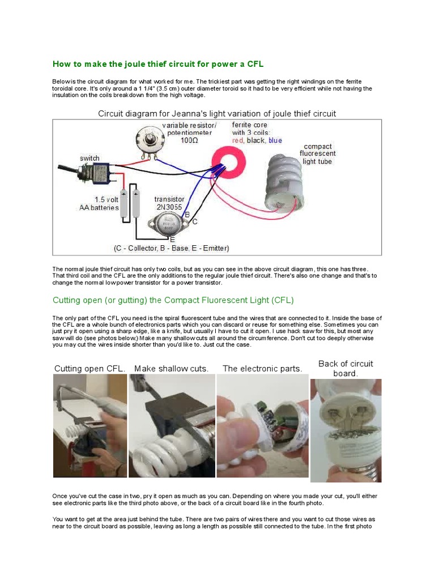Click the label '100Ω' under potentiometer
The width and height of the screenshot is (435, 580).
tap(189, 140)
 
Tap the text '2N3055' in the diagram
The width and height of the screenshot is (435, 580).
tap(170, 207)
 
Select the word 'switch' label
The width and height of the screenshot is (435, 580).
tap(89, 158)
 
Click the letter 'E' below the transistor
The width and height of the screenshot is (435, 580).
tap(172, 240)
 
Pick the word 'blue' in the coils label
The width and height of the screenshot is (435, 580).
tap(275, 140)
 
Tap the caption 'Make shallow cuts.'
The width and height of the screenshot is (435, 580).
tap(171, 369)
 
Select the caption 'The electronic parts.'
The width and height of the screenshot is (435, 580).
tap(262, 369)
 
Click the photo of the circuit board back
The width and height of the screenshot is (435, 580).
tap(346, 430)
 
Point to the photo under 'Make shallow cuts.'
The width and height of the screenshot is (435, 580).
tap(172, 426)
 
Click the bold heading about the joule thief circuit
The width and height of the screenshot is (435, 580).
tap(158, 64)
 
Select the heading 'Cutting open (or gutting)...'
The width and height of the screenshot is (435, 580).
tap(173, 300)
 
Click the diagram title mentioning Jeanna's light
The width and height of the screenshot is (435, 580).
tap(217, 113)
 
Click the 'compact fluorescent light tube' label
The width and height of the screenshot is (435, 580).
tap(318, 153)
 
